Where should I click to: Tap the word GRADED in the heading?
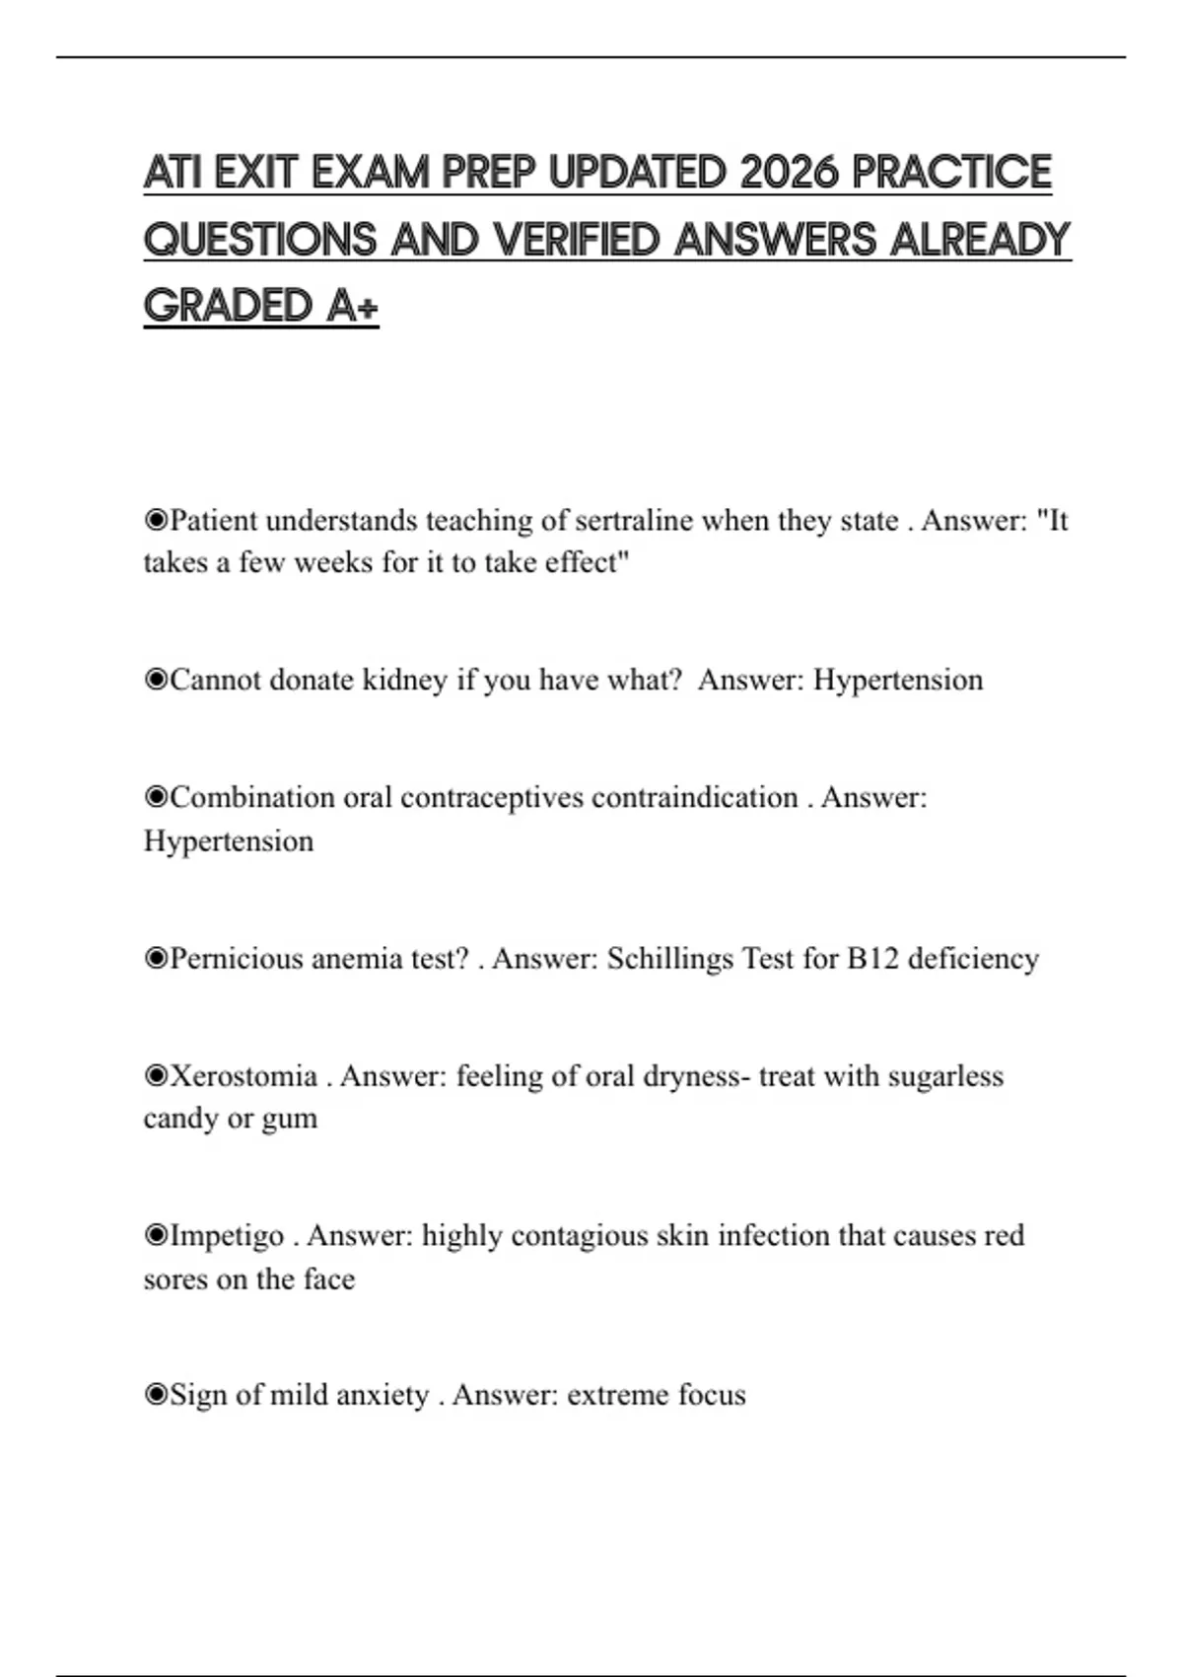228,306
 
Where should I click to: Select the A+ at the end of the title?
353,306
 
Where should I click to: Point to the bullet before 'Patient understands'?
156,520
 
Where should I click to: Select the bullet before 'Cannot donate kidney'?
156,680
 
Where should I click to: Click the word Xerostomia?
244,1075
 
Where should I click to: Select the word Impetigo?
228,1235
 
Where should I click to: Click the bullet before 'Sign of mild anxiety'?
156,1395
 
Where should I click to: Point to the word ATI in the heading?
173,173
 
